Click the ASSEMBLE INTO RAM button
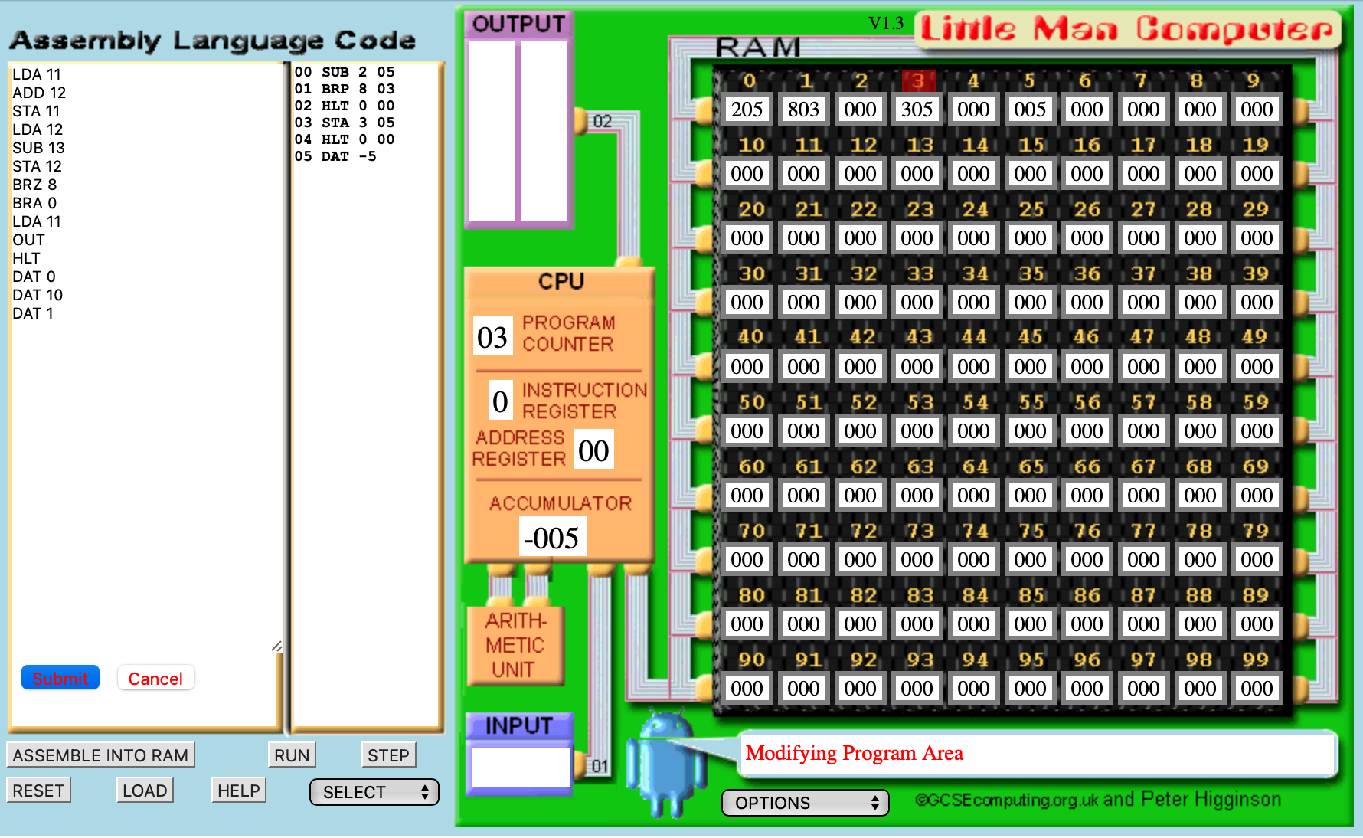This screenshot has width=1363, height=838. [x=100, y=755]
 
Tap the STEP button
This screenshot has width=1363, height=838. [x=388, y=755]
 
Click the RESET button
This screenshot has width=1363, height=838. [x=38, y=791]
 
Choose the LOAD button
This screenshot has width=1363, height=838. [x=145, y=791]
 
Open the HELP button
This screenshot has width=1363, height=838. [x=239, y=791]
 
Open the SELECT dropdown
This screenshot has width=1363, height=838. [x=374, y=792]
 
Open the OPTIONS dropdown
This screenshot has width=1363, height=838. [x=806, y=803]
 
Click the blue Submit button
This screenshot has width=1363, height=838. [x=60, y=678]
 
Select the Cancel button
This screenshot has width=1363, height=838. [x=155, y=678]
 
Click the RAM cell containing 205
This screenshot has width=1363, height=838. [x=747, y=110]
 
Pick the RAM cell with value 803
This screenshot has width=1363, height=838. [x=803, y=110]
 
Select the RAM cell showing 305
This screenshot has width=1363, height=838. [x=917, y=110]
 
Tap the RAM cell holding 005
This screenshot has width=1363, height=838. [x=1030, y=110]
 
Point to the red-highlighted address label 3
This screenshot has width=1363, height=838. [x=917, y=80]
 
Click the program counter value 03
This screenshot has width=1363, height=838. [x=492, y=337]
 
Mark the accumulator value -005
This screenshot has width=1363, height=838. [x=552, y=537]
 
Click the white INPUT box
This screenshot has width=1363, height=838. [x=521, y=766]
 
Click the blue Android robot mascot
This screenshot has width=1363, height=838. [x=667, y=763]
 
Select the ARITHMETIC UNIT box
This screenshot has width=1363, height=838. [x=515, y=645]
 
